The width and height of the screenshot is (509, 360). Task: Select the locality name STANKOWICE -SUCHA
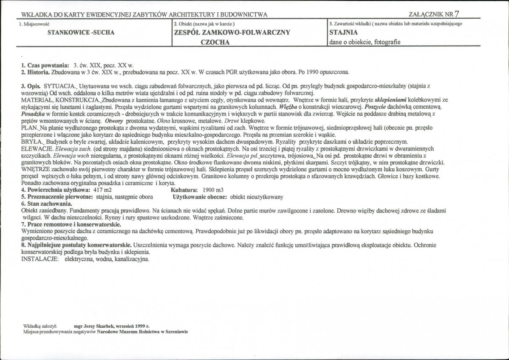[81, 32]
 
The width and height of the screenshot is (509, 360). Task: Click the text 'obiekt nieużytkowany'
[257, 197]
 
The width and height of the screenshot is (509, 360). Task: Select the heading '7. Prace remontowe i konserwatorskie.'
[71, 224]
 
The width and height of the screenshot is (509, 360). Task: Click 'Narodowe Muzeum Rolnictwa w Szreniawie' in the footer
[142, 332]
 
